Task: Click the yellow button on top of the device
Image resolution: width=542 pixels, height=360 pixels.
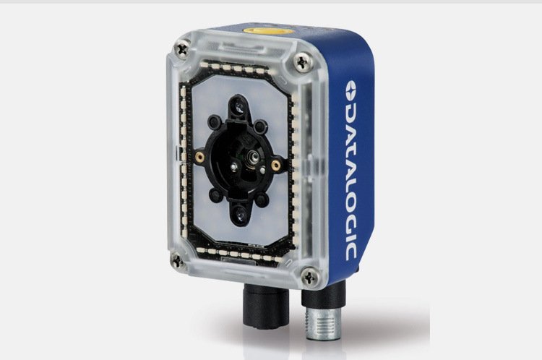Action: pyautogui.click(x=268, y=30)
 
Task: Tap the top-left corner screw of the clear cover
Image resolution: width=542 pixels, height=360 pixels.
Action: pyautogui.click(x=182, y=49)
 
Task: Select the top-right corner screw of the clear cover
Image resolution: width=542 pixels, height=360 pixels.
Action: pyautogui.click(x=303, y=62)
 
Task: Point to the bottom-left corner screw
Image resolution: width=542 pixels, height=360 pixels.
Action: pyautogui.click(x=177, y=261)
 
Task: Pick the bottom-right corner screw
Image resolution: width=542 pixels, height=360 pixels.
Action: pyautogui.click(x=310, y=277)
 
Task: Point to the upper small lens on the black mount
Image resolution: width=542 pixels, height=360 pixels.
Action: pyautogui.click(x=239, y=106)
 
